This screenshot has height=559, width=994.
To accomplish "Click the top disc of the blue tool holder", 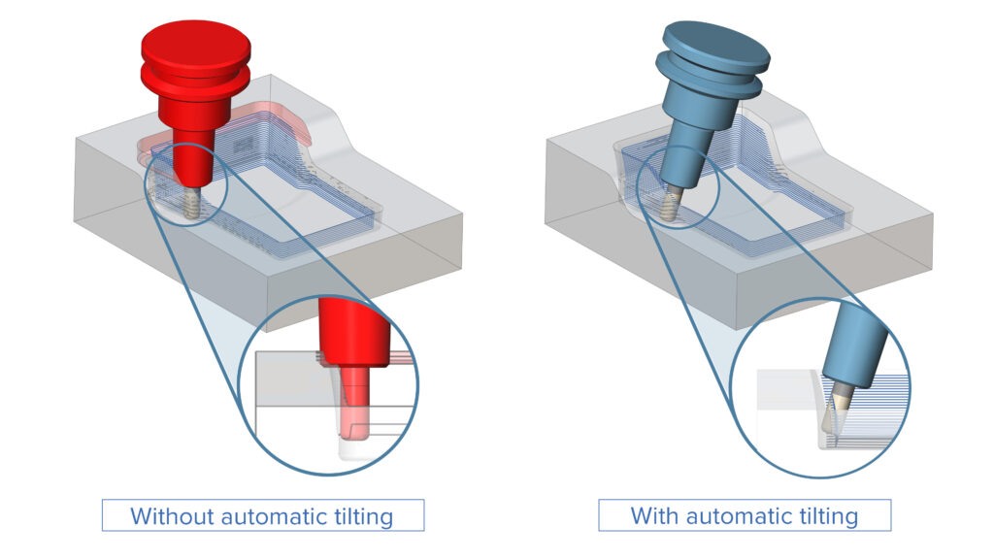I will point(714,44).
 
